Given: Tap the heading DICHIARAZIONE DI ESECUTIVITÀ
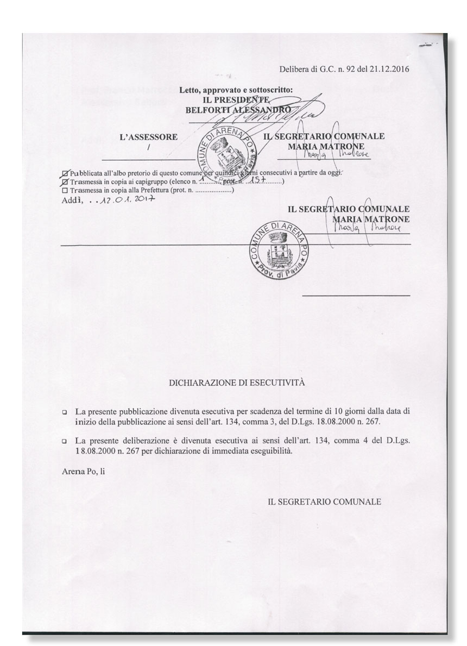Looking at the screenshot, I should (x=237, y=382).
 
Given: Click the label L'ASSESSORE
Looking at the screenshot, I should (x=148, y=137).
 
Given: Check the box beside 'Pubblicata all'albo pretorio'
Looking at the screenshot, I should (x=66, y=173).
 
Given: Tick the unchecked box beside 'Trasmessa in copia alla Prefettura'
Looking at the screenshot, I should (x=66, y=191).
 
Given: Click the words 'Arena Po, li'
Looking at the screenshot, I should (x=83, y=472).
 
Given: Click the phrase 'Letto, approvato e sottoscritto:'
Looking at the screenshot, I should (x=236, y=90).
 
